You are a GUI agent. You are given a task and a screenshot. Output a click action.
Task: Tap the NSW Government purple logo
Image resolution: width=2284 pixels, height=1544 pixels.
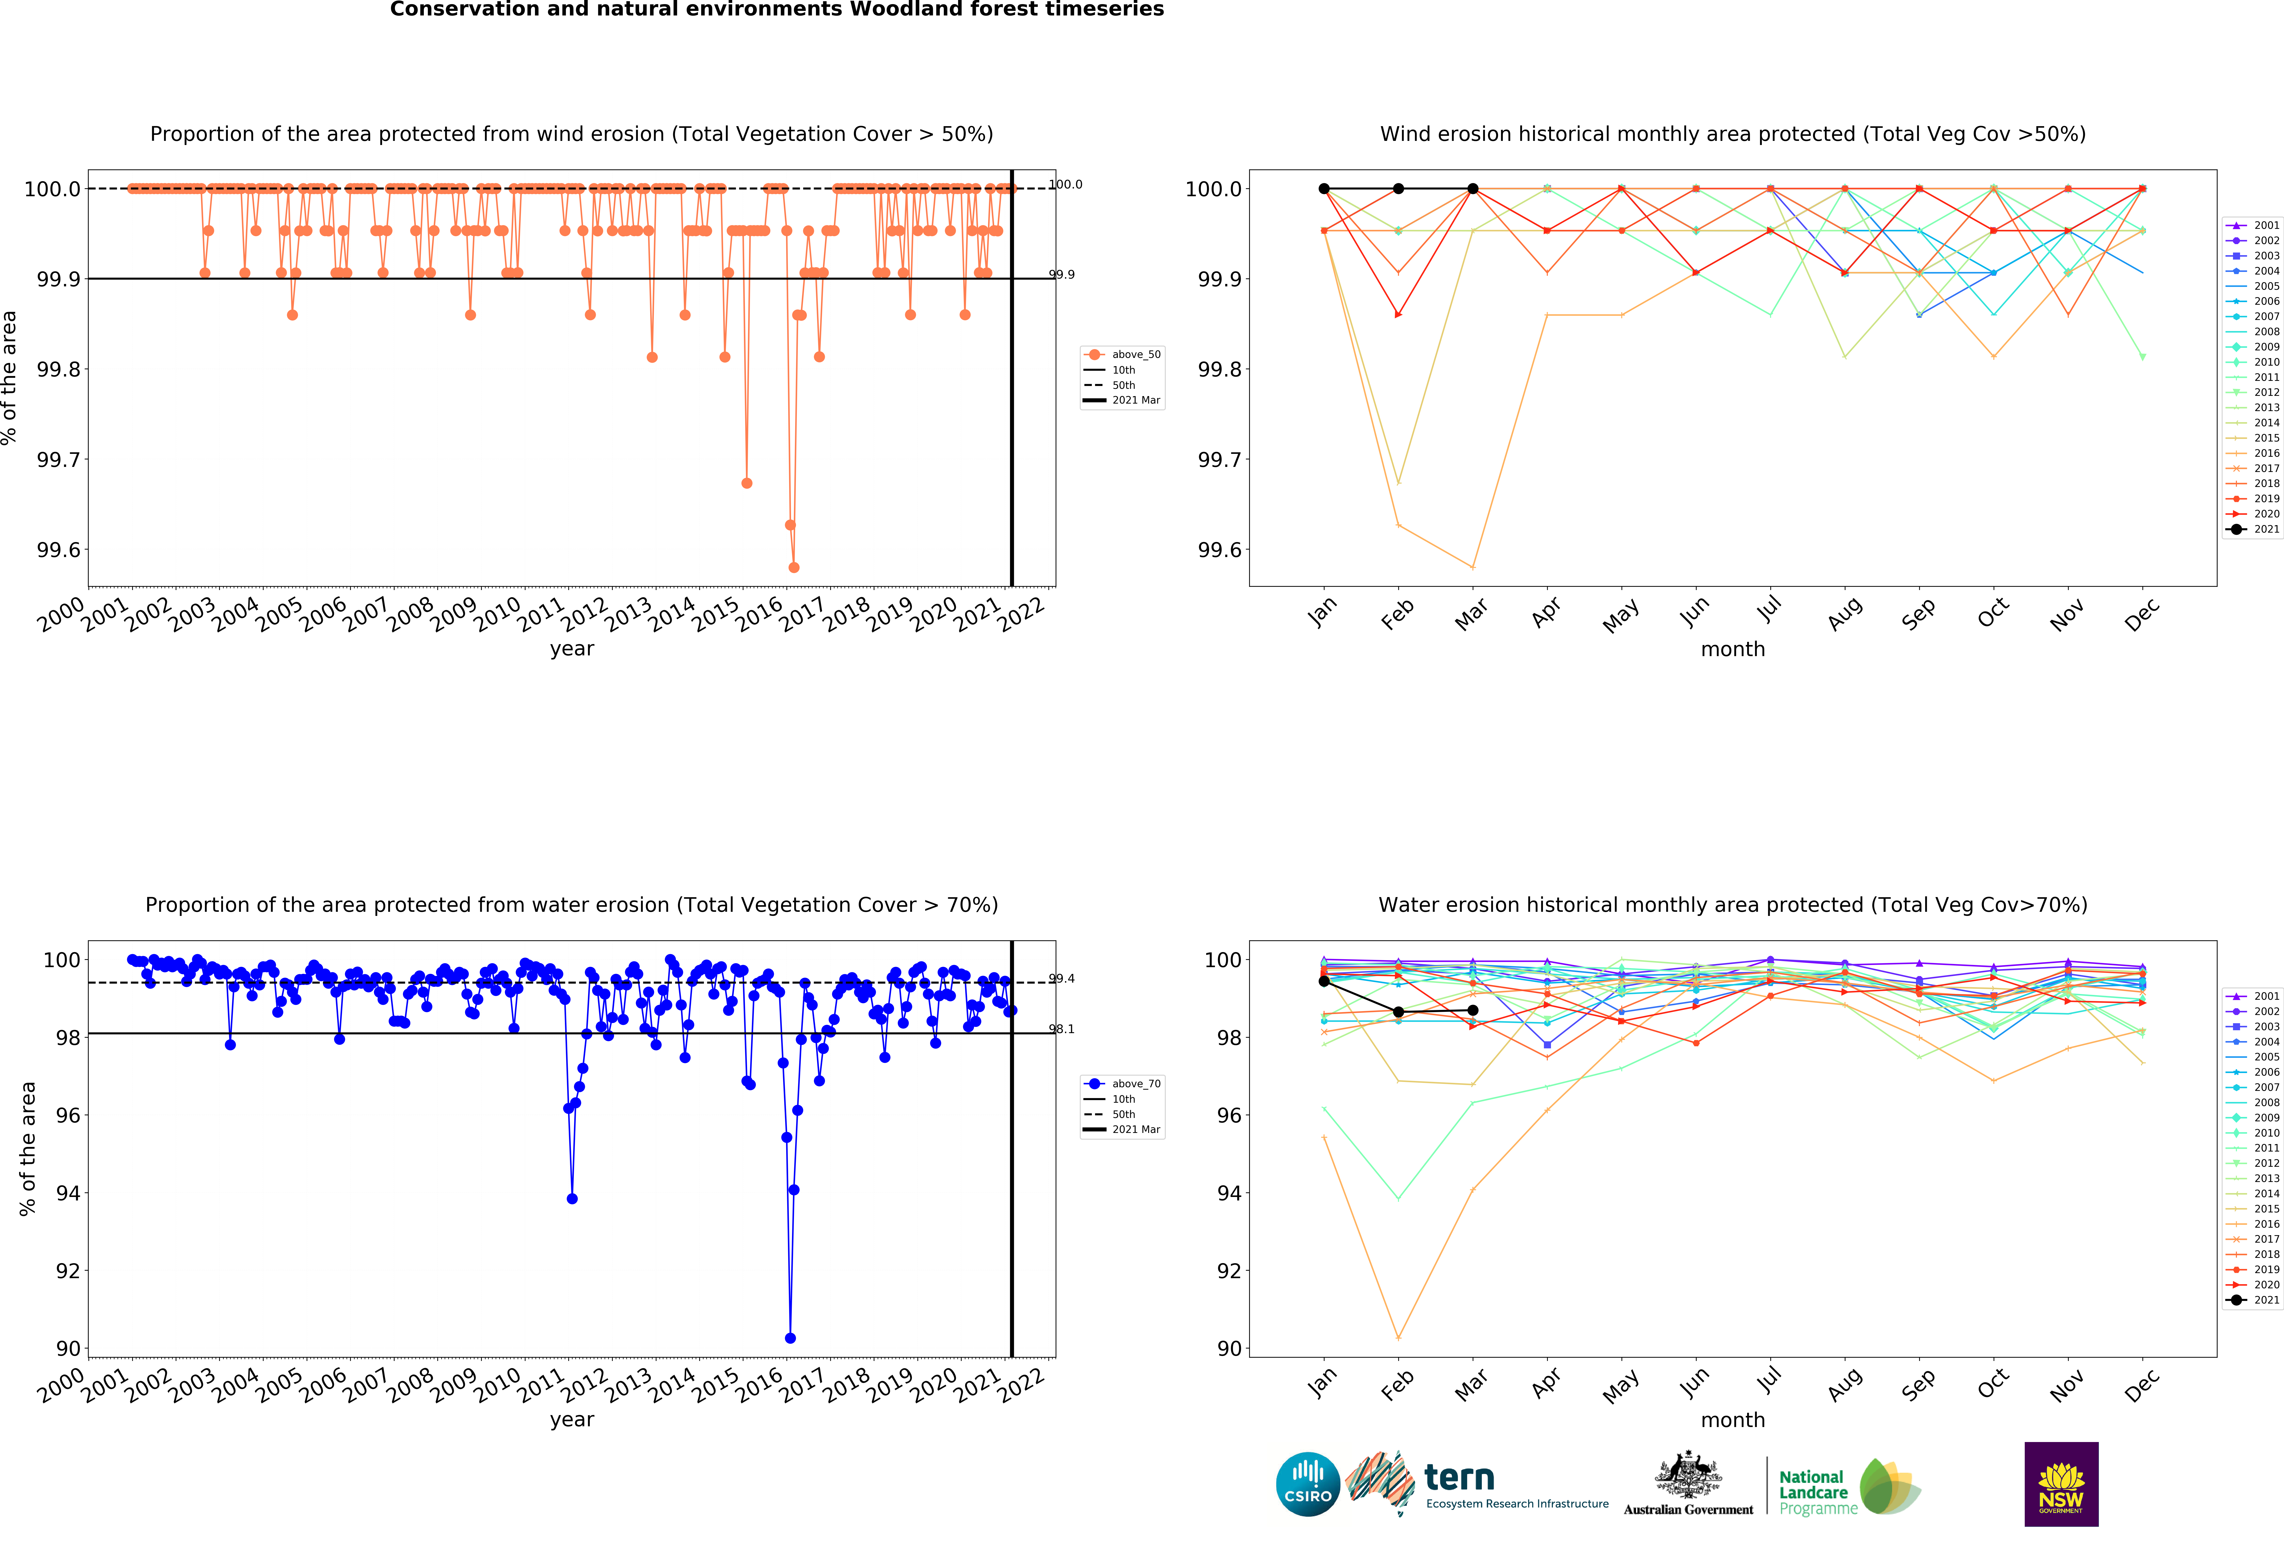pos(2061,1484)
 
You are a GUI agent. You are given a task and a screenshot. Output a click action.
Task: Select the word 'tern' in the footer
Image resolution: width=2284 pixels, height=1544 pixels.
pos(1459,1477)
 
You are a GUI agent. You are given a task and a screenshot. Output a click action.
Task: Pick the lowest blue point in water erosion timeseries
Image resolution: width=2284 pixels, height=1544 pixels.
pos(790,1338)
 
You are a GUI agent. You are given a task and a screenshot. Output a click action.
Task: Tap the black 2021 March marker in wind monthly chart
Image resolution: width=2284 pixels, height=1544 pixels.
pos(1472,189)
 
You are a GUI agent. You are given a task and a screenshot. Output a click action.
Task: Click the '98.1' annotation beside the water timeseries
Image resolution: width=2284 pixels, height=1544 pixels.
pos(1061,1029)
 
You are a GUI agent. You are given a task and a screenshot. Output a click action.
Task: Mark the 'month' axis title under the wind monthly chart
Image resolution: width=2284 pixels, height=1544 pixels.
pos(1733,650)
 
